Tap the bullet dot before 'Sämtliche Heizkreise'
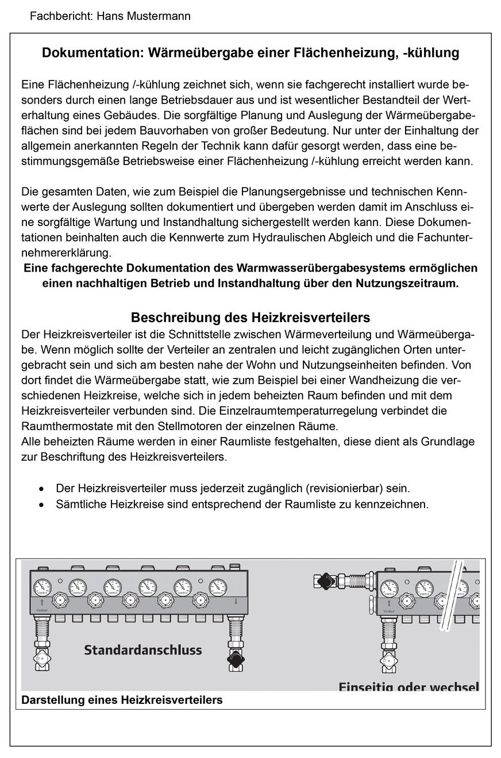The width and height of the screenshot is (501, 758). [x=41, y=505]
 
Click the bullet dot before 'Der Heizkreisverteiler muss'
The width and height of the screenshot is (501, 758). [x=41, y=489]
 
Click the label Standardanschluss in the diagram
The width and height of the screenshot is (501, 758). [x=143, y=650]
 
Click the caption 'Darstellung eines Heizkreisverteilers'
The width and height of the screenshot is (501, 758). [x=122, y=700]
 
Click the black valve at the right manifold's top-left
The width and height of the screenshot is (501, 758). [x=325, y=579]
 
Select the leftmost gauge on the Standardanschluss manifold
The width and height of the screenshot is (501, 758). [x=43, y=587]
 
